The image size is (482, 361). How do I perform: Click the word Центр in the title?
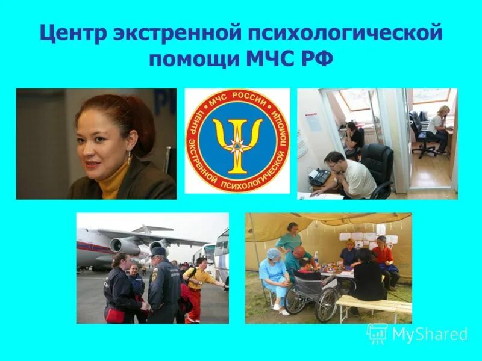[72, 34]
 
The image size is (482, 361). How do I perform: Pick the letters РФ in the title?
[317, 60]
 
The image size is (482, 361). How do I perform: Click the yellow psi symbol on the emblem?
[237, 141]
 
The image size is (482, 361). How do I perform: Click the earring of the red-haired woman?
[128, 158]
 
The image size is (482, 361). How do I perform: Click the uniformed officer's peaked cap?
[158, 251]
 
